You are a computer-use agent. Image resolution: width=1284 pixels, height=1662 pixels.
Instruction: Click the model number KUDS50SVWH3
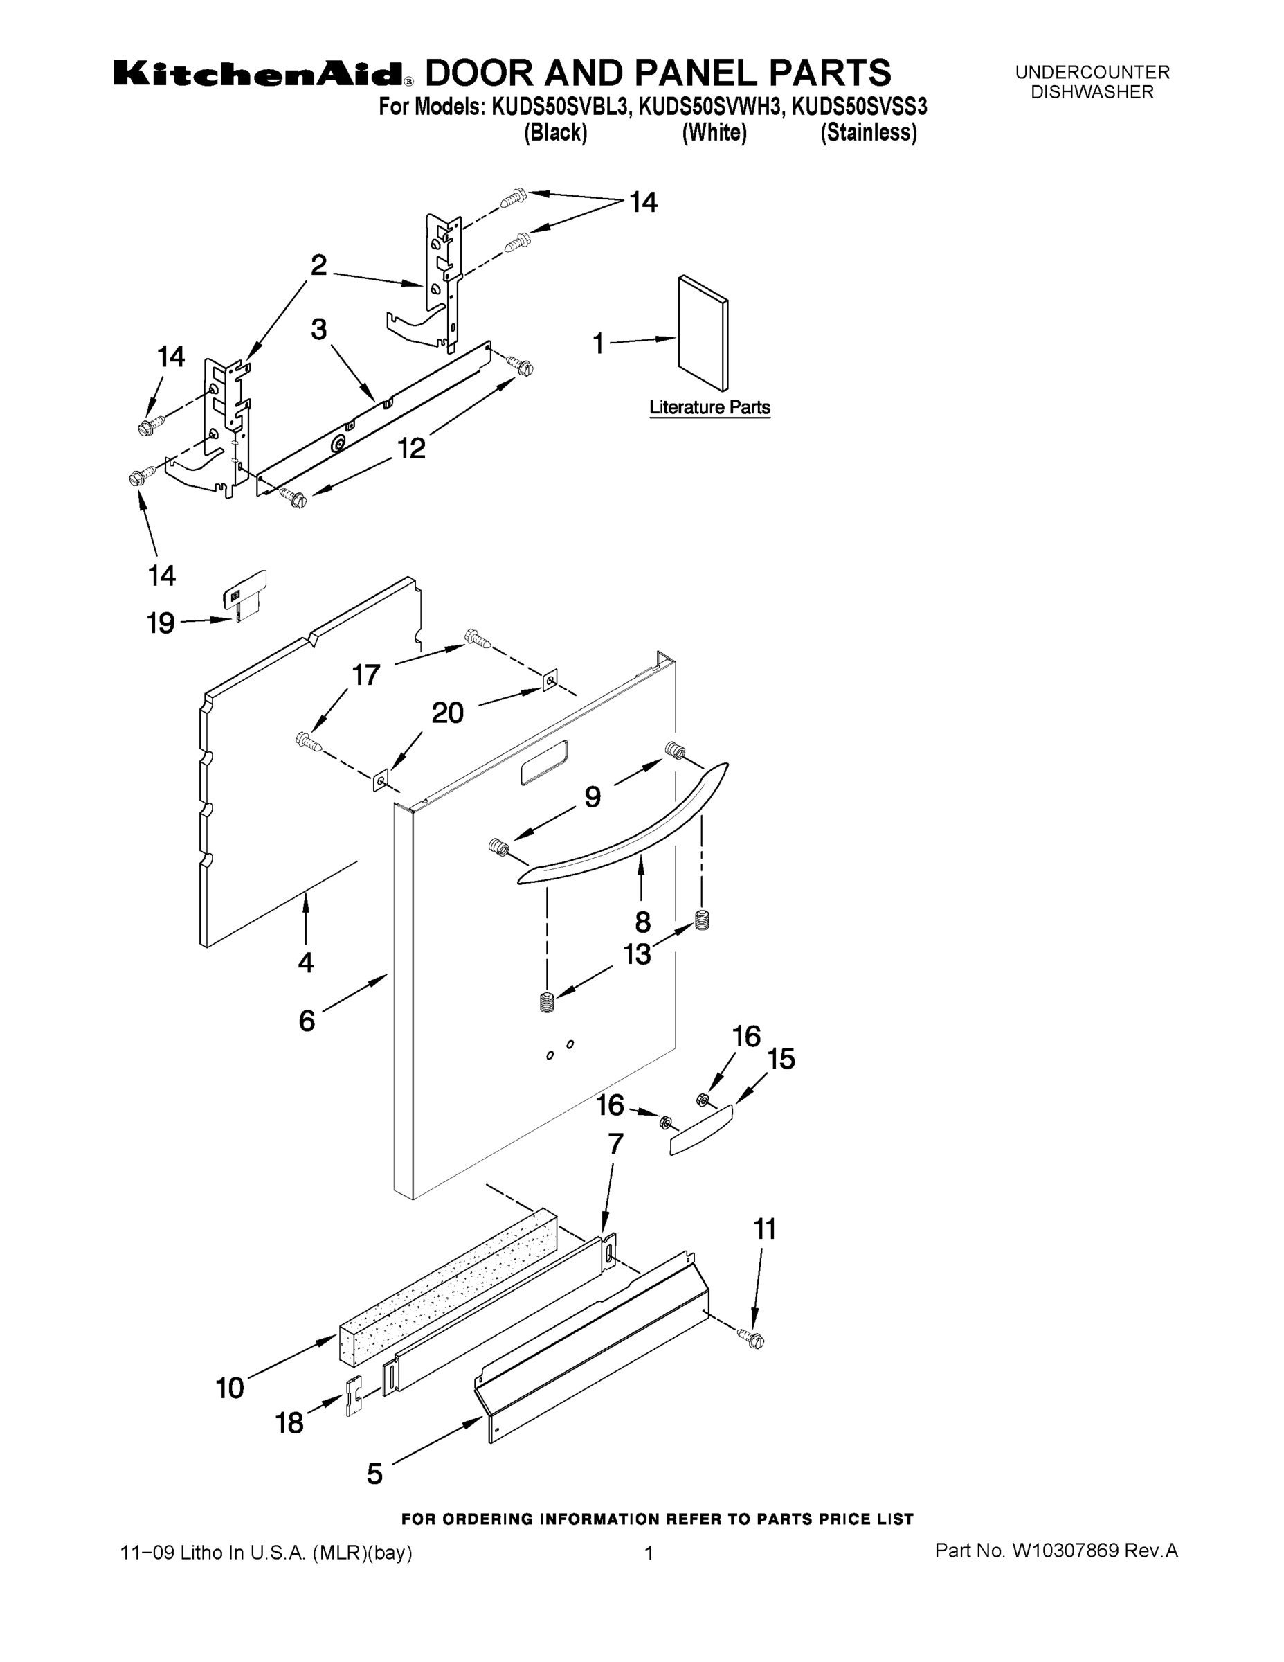[x=710, y=107]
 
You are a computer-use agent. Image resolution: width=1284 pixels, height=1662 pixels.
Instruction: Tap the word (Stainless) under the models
[x=868, y=132]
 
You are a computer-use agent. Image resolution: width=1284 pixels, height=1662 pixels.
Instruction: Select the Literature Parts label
[x=709, y=408]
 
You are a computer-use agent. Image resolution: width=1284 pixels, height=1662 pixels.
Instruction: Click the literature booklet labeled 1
[x=702, y=332]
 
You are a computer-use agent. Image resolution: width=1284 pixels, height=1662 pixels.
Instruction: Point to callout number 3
[x=318, y=330]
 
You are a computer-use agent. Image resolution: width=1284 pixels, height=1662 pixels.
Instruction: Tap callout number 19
[x=161, y=624]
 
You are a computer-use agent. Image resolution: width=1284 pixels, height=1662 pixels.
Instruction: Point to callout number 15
[x=781, y=1059]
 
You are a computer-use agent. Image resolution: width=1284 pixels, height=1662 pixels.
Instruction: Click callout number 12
[x=412, y=449]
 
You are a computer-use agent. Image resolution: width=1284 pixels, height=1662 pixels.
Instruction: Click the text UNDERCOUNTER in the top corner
[x=1092, y=72]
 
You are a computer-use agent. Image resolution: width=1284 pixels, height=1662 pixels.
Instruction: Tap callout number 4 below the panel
[x=306, y=963]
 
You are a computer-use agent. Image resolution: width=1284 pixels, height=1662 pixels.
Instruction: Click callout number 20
[x=447, y=713]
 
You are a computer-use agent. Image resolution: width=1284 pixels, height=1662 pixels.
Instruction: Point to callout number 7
[x=615, y=1144]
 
